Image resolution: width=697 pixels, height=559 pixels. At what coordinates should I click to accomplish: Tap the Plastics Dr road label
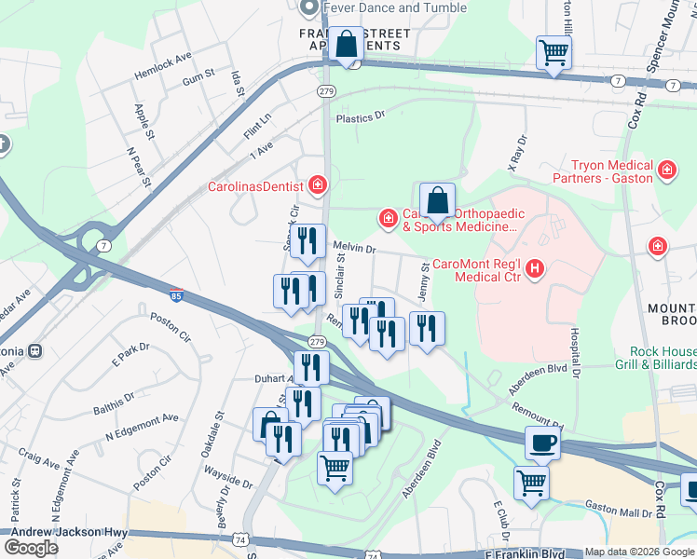pyautogui.click(x=361, y=117)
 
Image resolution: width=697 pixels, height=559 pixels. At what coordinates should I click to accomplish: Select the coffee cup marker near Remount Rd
pyautogui.click(x=543, y=443)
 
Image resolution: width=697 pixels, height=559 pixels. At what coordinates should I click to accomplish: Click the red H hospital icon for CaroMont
pyautogui.click(x=535, y=269)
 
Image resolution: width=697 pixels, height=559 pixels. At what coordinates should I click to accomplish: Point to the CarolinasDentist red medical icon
pyautogui.click(x=318, y=185)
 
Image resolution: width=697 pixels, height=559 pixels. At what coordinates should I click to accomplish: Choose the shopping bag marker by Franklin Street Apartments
pyautogui.click(x=346, y=44)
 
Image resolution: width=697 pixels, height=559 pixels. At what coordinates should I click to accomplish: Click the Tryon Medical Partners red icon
pyautogui.click(x=666, y=170)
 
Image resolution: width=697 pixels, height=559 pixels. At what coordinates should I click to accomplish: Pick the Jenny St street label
pyautogui.click(x=425, y=280)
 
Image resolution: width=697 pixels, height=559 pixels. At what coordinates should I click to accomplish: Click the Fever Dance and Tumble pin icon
pyautogui.click(x=309, y=7)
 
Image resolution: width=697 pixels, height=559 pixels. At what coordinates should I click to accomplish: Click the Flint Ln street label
pyautogui.click(x=257, y=126)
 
